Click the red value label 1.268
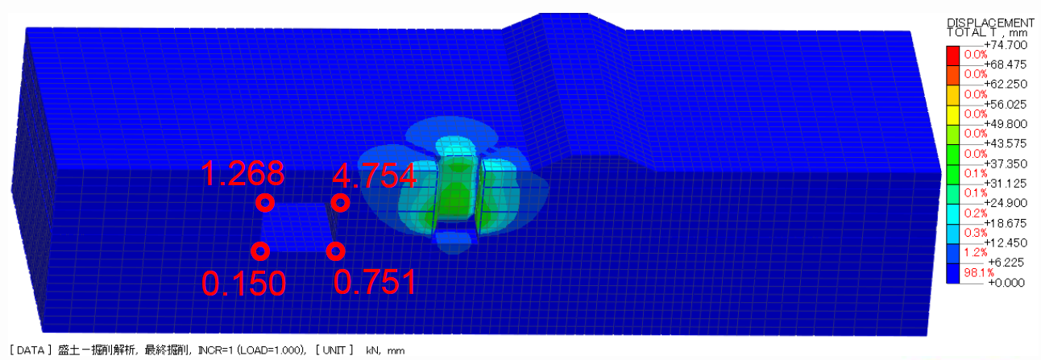243,174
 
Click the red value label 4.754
374,176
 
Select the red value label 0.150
243,283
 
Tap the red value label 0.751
375,282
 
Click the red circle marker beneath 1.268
265,203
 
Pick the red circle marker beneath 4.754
340,203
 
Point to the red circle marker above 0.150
260,251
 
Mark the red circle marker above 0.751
335,251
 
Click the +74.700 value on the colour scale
1006,45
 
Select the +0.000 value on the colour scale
1006,283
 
